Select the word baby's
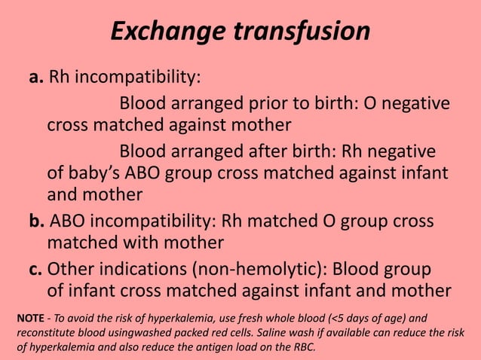click(96, 173)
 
